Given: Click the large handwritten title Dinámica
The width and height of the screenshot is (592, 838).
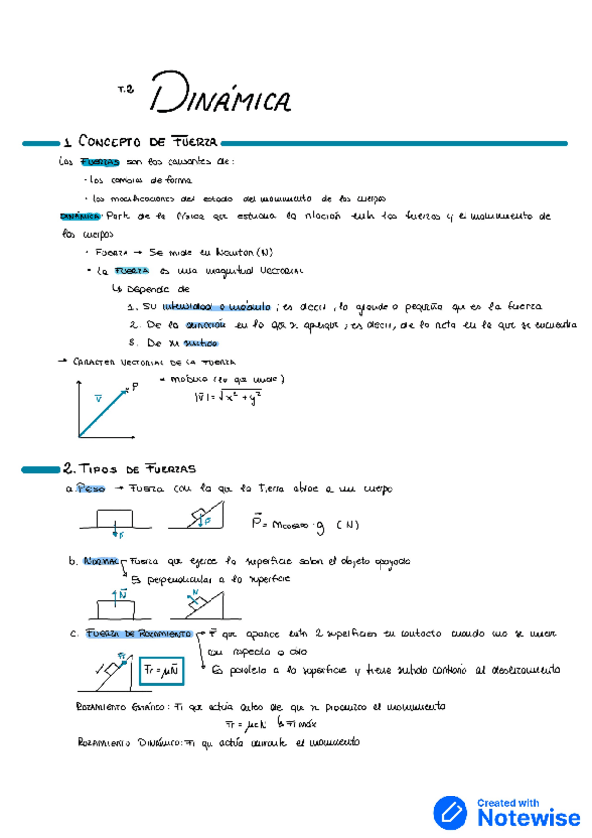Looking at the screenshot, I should point(220,96).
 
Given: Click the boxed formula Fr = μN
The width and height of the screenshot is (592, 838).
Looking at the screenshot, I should point(159,669).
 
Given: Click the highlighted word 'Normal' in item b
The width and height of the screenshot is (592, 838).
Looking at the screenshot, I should point(102,561).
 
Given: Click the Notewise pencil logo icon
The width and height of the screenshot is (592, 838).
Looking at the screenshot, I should point(451,812).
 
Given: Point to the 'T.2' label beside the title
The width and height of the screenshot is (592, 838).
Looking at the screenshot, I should point(126,90).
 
